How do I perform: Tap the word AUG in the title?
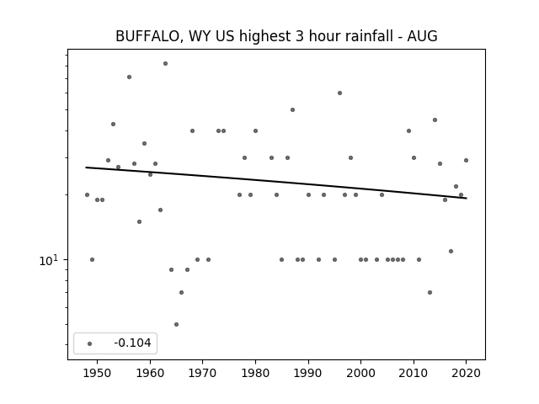point(422,36)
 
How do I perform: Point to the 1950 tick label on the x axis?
point(98,373)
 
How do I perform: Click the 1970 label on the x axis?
point(202,373)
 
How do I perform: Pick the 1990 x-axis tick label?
point(308,373)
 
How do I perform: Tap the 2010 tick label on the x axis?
point(414,373)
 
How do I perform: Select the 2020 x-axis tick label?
point(466,373)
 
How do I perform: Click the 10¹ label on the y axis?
point(48,261)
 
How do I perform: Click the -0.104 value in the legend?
point(132,343)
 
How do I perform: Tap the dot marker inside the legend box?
point(90,343)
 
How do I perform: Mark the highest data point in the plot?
point(165,64)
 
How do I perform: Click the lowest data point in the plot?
point(176,324)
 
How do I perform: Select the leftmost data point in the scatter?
point(87,194)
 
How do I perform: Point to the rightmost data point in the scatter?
point(466,160)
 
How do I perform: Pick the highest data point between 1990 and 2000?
point(339,93)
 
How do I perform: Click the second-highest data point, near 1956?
point(129,77)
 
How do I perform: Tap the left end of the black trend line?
point(86,167)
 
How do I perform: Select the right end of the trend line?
point(467,199)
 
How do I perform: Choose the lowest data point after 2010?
point(430,292)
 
